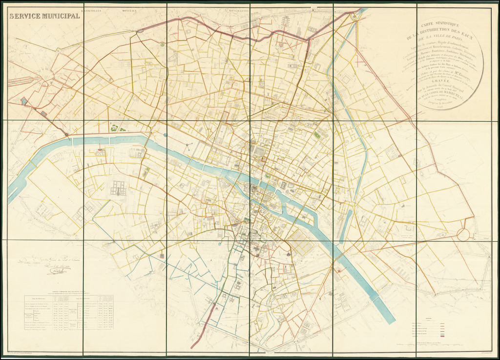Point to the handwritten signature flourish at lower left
(55, 269)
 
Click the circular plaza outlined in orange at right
(463, 235)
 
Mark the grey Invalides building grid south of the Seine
(118, 188)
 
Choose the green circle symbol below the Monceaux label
(162, 44)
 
